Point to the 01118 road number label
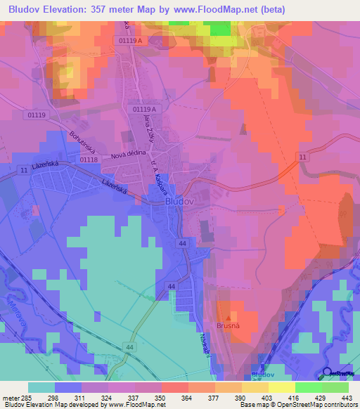[89, 160]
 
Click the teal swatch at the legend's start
[41, 387]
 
